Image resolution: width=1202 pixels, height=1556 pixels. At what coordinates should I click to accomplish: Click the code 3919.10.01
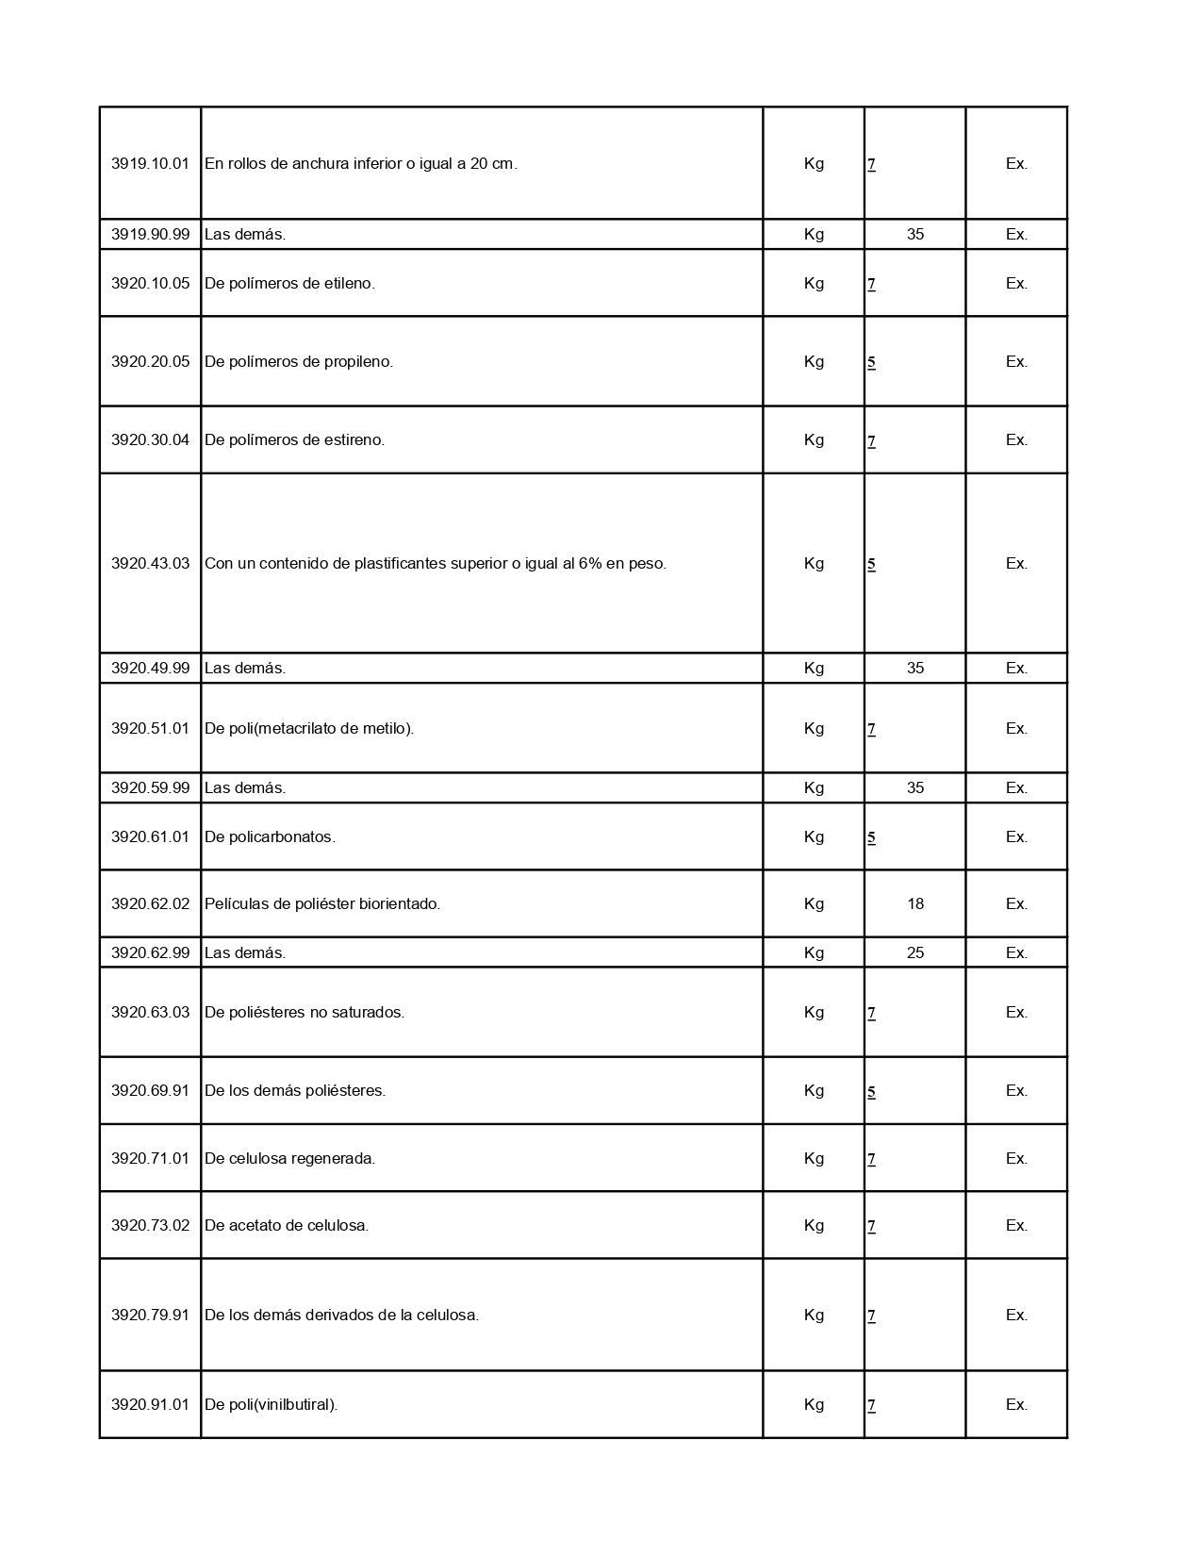150,163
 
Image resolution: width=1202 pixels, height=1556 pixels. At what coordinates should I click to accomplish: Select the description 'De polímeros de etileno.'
289,283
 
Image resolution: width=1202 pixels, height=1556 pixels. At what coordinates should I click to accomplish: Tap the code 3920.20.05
150,361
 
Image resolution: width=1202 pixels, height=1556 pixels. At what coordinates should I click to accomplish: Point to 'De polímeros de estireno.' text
294,439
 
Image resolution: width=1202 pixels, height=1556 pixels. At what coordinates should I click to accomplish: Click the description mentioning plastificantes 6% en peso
435,563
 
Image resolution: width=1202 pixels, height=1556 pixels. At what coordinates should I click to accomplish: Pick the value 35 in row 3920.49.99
914,668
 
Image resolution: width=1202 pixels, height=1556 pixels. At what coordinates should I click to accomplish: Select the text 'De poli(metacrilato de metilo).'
309,728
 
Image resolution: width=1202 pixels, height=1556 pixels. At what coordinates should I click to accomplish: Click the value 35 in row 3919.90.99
914,234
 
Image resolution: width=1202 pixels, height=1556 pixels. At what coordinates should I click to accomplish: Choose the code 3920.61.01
150,836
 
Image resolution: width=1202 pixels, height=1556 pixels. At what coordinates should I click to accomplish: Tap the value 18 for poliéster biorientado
914,903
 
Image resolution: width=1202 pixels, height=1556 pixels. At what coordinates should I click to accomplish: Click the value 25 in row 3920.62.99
914,952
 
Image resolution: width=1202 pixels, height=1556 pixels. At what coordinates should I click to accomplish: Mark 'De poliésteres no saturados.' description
305,1012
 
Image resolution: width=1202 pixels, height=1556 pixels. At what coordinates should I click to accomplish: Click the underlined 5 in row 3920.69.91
871,1091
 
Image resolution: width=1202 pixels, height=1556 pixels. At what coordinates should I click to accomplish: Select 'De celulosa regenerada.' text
289,1158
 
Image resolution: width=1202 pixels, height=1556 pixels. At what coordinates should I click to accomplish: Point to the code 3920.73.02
150,1225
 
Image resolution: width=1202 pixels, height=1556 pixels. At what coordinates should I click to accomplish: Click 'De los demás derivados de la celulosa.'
341,1315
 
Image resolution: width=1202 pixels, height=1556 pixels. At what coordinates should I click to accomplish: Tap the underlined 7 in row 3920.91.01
871,1405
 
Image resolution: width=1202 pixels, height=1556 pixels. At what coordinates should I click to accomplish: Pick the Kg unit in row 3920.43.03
814,563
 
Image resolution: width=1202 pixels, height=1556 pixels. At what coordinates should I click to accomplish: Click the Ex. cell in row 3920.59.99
1016,787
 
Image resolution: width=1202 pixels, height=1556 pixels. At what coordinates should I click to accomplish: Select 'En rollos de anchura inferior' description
360,163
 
